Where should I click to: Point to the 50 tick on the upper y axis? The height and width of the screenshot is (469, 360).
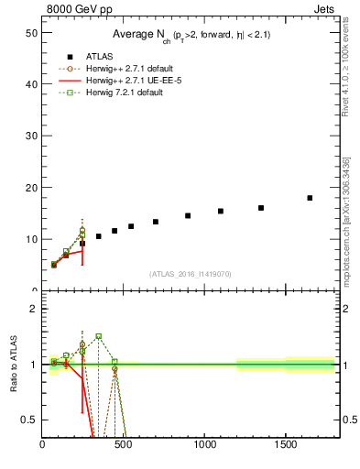30,32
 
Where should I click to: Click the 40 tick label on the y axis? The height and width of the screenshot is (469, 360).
30,83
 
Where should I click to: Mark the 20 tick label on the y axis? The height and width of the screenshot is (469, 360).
30,187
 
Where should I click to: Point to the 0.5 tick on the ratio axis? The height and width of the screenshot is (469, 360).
28,420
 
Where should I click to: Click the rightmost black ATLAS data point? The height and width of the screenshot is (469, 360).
310,198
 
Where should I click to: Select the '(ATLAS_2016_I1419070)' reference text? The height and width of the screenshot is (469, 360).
191,273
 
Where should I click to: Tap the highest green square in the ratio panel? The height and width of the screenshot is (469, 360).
98,336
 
